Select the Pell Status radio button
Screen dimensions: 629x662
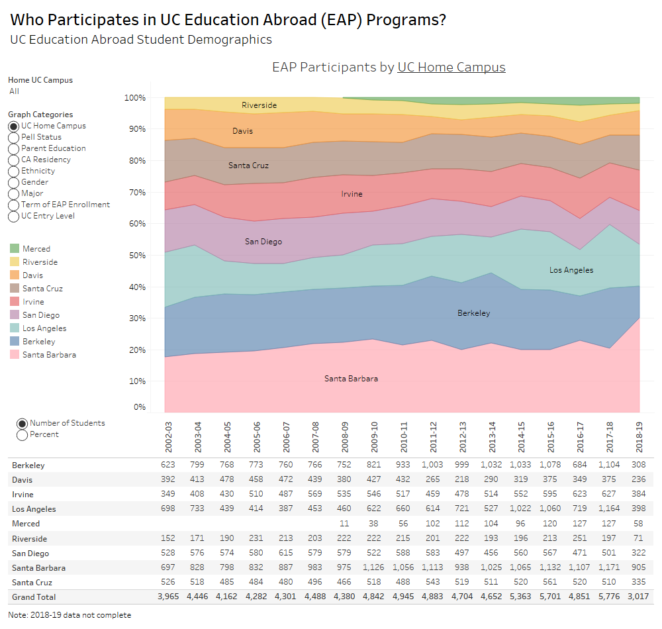point(14,137)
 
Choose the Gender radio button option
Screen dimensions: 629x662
point(14,182)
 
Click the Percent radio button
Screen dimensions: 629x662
point(22,435)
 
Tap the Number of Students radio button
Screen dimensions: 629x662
point(22,424)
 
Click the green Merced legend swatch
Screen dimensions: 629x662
point(14,249)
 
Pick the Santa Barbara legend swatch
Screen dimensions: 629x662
point(14,355)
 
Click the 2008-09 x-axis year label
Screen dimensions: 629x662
point(344,435)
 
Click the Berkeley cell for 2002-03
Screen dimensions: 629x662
point(165,465)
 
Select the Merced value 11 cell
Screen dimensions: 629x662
point(344,524)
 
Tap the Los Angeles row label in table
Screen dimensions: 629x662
point(34,509)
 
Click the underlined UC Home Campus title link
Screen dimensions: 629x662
point(451,68)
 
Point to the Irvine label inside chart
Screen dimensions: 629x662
point(352,194)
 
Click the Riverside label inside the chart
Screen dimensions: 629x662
point(259,105)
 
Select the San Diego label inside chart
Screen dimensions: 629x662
point(263,242)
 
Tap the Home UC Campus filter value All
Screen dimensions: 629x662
point(14,91)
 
